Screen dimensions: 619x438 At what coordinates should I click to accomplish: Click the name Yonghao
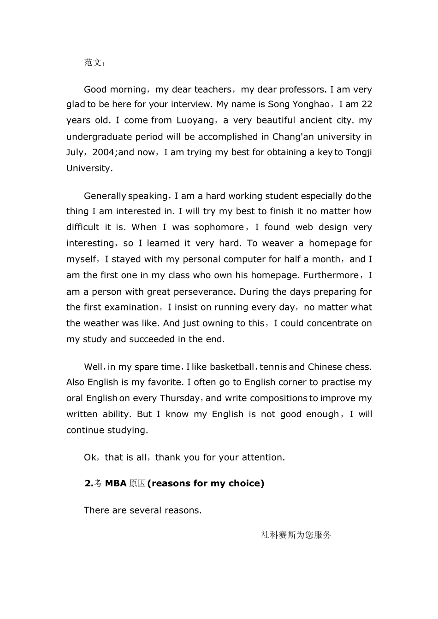pos(311,105)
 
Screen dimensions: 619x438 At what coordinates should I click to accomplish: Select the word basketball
pos(232,367)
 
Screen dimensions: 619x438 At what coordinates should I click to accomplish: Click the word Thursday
pos(180,398)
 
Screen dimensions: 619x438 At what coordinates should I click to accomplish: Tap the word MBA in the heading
pos(116,484)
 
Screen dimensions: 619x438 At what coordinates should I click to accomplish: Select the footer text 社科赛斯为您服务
pos(296,535)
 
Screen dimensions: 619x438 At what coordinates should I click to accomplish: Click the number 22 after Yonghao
pos(367,105)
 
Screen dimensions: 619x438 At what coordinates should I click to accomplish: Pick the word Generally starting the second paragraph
pos(105,196)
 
